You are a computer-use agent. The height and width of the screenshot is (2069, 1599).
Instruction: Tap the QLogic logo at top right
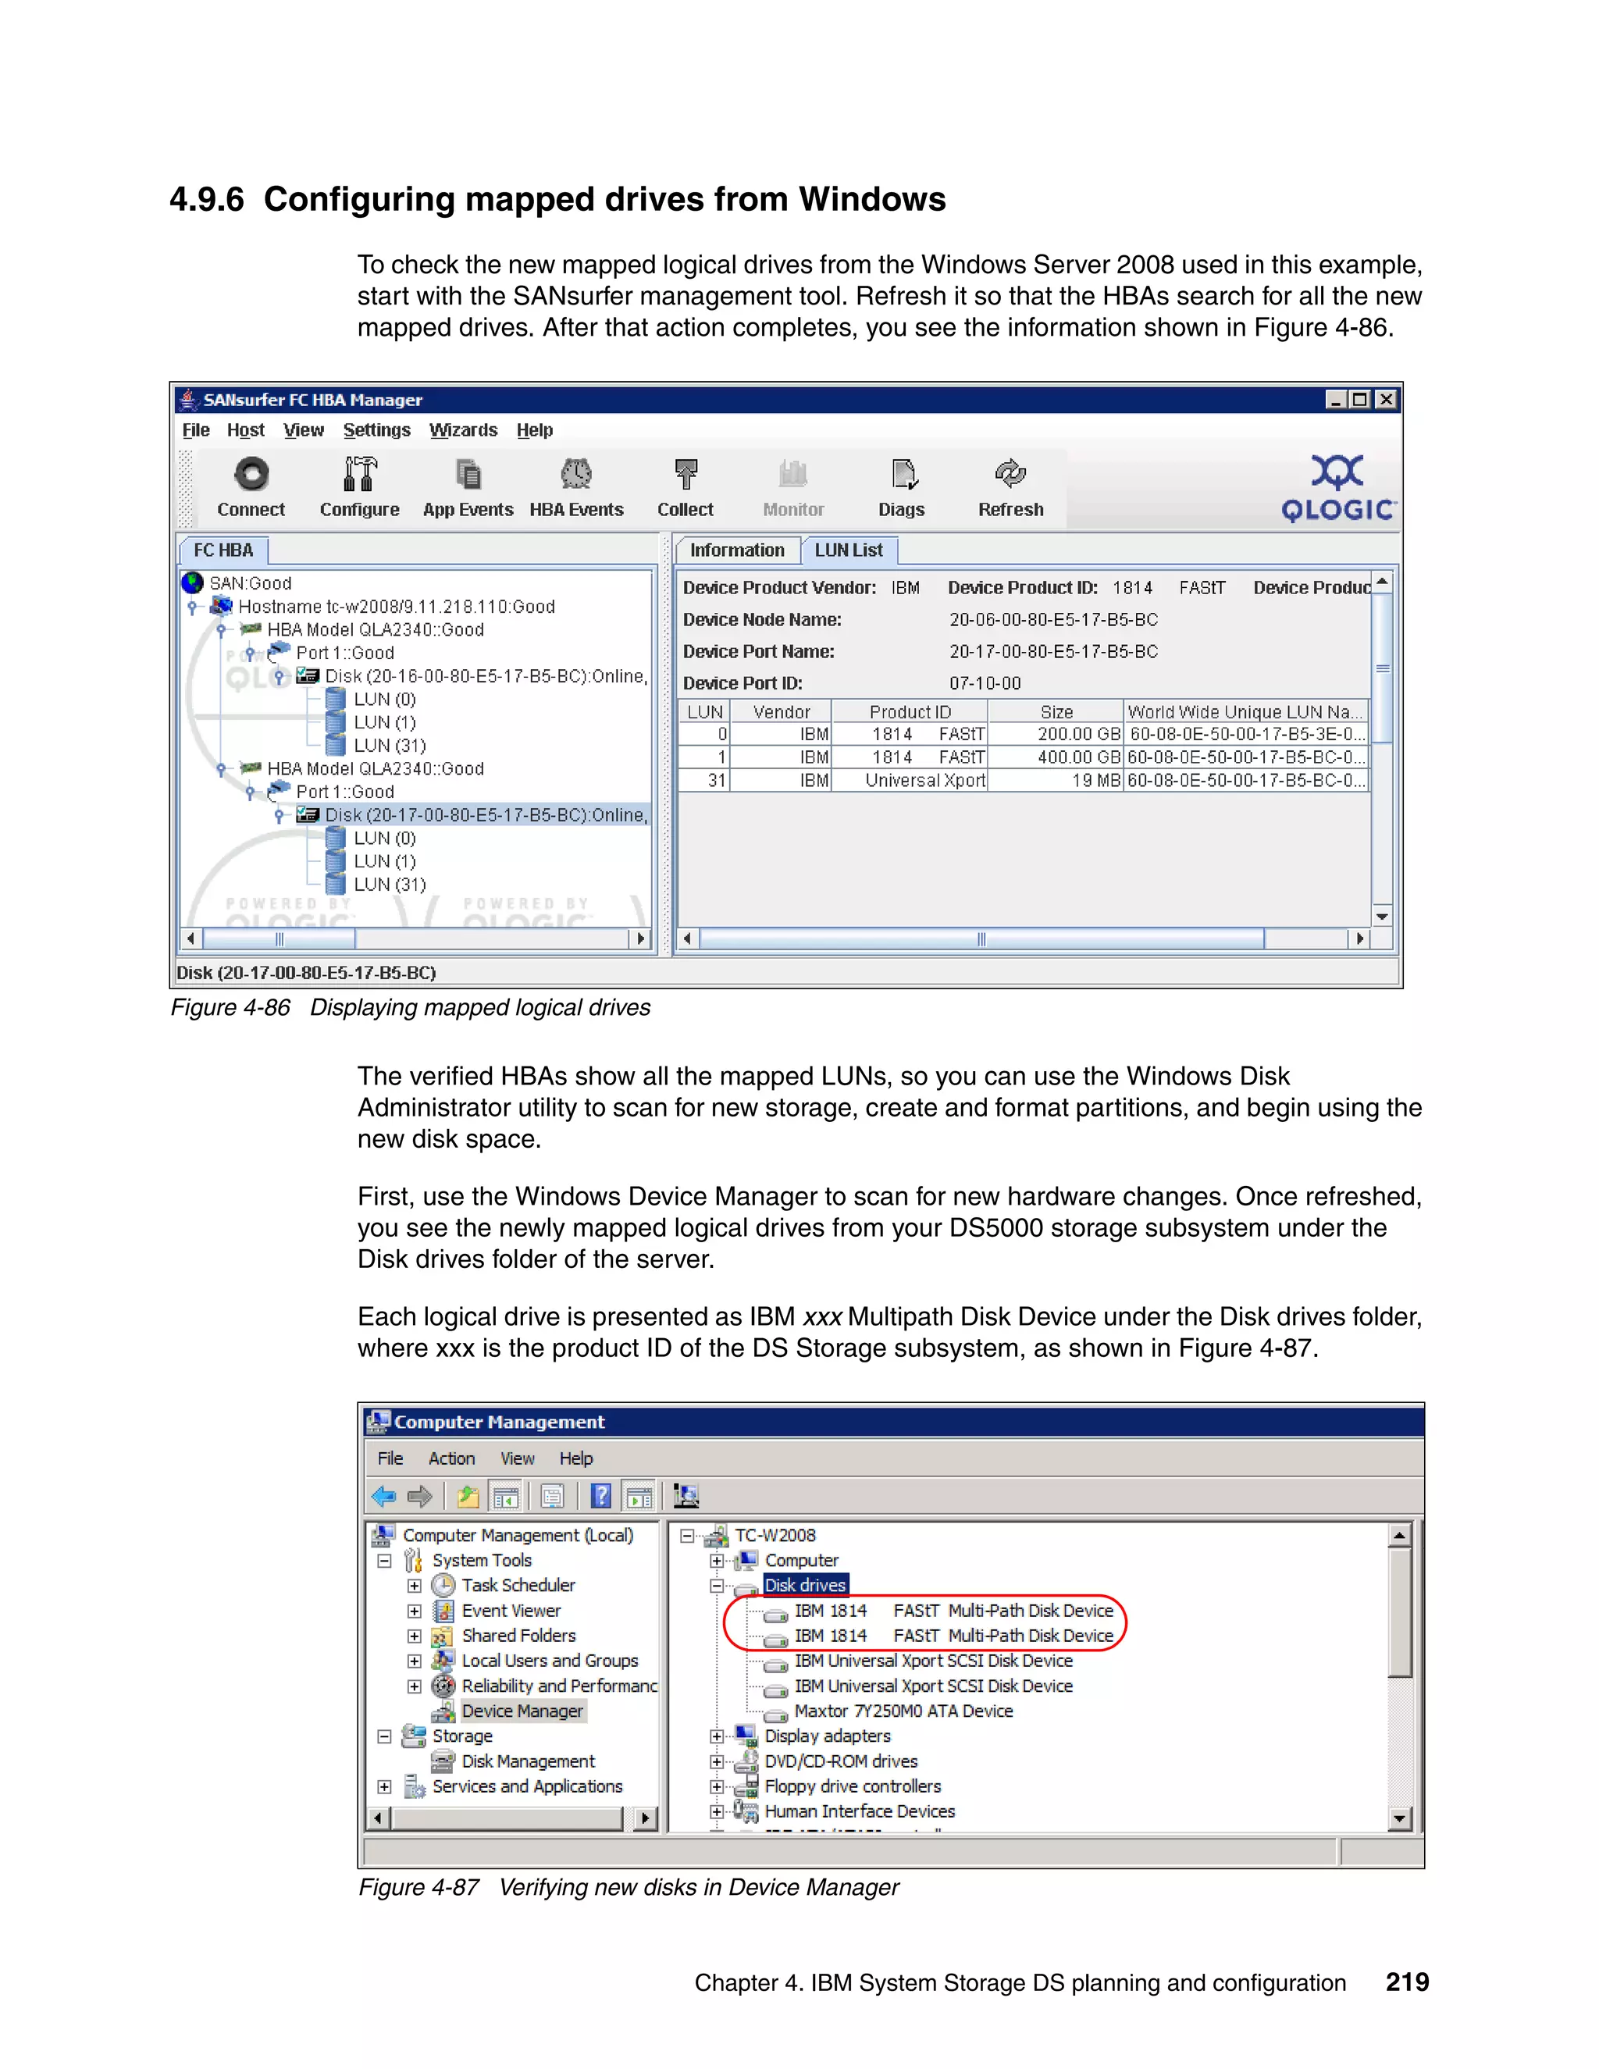[1337, 489]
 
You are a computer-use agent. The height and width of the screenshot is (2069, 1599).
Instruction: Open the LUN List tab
[848, 550]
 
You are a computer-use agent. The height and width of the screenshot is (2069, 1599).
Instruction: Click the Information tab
[736, 550]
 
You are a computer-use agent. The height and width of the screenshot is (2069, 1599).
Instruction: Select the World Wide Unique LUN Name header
[1244, 711]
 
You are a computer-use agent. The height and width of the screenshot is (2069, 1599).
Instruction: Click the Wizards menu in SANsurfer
[462, 430]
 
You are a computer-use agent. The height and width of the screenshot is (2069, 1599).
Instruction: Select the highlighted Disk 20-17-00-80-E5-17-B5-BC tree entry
[485, 814]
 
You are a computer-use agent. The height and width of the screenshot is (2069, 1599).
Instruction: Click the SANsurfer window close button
[1386, 400]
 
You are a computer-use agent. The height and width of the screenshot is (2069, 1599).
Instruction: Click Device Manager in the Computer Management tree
[522, 1711]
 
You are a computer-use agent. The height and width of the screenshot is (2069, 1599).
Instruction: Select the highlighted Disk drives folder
[804, 1585]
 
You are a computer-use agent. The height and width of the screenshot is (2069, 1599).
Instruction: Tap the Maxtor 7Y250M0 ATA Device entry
[903, 1711]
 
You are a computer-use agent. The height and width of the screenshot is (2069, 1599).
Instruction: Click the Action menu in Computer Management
[451, 1459]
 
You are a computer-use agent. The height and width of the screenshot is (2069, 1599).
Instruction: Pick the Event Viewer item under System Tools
[511, 1611]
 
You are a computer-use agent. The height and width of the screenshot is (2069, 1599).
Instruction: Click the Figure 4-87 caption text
[628, 1887]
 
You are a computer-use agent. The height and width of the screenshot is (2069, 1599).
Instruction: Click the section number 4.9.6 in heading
[206, 200]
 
